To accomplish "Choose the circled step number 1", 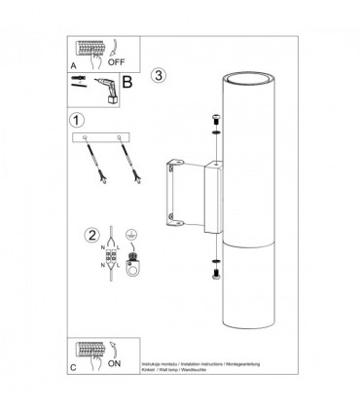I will click(x=77, y=120).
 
